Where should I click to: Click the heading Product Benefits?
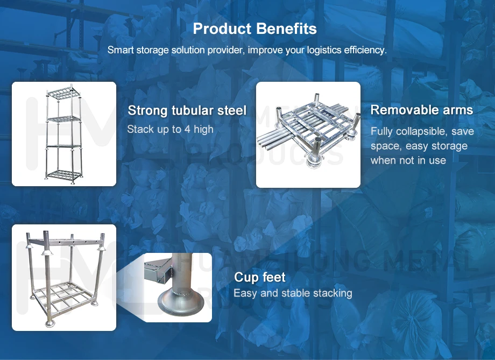click(254, 29)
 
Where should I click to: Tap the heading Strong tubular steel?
click(187, 111)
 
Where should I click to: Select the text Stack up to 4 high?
click(170, 129)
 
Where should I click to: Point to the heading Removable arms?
click(421, 110)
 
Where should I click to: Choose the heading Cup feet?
click(259, 278)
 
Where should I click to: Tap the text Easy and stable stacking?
click(293, 293)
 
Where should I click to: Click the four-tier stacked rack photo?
click(64, 134)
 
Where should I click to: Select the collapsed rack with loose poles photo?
click(308, 135)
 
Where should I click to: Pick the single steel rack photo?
click(64, 277)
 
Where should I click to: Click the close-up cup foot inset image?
click(178, 287)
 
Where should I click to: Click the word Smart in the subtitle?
click(119, 50)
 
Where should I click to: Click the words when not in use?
click(408, 160)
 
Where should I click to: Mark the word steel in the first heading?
click(232, 111)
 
